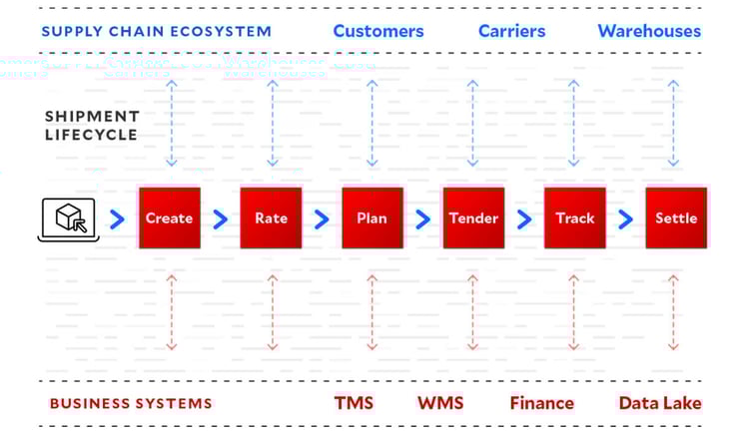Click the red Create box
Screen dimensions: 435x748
169,217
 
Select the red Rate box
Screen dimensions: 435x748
271,217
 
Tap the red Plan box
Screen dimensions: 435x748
372,217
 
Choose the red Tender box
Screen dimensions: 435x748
473,217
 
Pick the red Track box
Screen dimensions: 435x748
574,217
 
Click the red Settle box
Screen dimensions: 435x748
675,217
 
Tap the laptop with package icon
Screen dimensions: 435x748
69,218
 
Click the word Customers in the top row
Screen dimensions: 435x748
377,31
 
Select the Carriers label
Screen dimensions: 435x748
511,31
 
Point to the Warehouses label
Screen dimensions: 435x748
649,31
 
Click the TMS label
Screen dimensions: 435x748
354,403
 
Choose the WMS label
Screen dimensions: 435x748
440,403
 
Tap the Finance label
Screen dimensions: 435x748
541,403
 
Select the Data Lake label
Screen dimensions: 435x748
659,403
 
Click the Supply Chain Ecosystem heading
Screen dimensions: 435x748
156,31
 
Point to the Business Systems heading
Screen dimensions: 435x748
130,404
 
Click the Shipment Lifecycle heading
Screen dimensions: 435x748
91,126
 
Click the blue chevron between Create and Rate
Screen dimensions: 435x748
220,218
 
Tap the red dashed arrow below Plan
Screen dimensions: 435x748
372,312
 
